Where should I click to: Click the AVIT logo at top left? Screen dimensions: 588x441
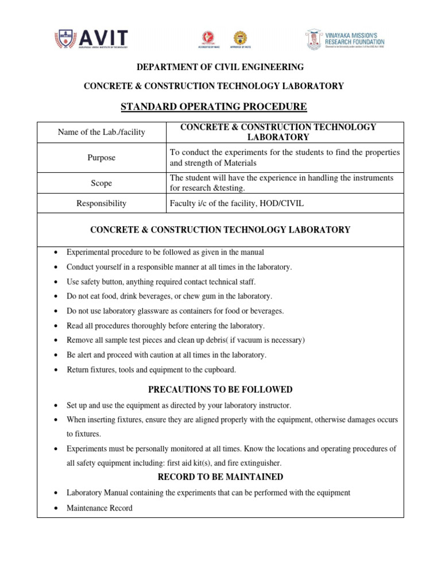91,39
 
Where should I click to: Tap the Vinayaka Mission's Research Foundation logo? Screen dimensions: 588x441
345,40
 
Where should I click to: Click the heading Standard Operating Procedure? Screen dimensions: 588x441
214,107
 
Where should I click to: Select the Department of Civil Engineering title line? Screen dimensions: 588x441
220,67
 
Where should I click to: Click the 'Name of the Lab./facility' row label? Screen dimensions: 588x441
102,133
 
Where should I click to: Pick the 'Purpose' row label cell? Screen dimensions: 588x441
102,157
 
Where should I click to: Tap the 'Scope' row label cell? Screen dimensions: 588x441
102,183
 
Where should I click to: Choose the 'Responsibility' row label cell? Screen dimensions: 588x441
102,203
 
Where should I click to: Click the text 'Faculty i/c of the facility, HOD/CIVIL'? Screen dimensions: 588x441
237,203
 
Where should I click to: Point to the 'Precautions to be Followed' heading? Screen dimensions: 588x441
220,389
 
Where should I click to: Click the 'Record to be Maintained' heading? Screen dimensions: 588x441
220,477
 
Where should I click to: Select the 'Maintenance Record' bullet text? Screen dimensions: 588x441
99,508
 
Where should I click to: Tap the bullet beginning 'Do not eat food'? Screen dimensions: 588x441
169,296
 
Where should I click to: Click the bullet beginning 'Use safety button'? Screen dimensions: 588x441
161,282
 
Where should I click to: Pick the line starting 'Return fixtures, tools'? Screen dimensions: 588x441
151,370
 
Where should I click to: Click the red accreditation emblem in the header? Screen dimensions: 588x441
206,38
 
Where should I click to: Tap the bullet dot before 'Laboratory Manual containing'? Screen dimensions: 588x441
55,493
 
